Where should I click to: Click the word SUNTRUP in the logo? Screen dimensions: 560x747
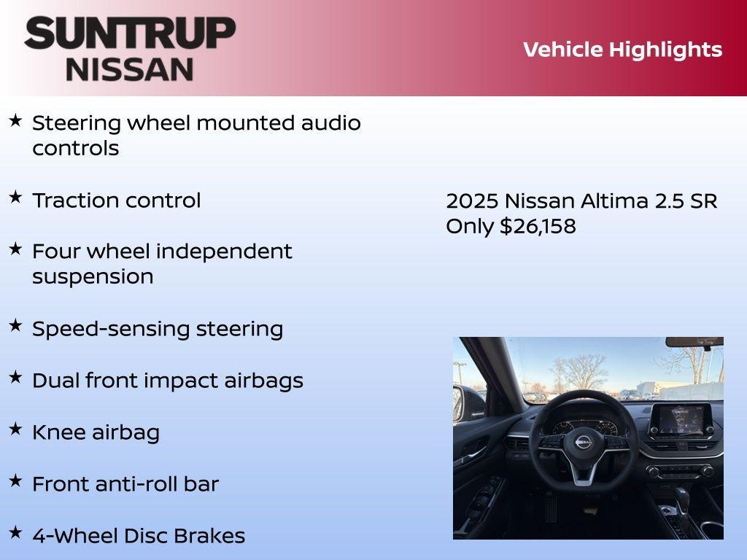130,33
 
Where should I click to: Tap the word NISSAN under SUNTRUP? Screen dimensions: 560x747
130,69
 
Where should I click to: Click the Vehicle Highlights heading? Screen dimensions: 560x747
622,50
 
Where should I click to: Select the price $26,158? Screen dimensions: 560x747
538,226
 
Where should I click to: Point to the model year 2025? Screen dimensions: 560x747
471,201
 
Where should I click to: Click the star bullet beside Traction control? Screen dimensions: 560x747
15,197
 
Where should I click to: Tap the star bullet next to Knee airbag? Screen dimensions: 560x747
15,429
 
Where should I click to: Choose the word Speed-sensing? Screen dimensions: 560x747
88,329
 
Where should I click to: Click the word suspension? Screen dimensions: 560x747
93,277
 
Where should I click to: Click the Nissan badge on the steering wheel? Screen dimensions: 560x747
584,442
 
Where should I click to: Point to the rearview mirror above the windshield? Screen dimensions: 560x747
693,341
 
